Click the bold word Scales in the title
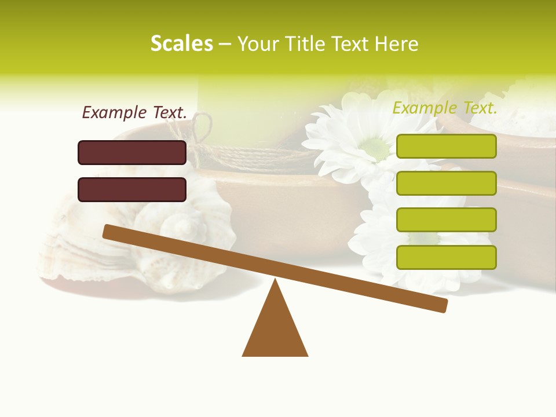181,43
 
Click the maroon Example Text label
134,112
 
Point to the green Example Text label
445,108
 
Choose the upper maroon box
132,152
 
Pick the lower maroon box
132,189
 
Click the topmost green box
446,146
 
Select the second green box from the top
446,183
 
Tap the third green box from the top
446,220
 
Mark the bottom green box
446,257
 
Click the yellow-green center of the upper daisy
376,149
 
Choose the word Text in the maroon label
168,112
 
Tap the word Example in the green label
425,108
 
